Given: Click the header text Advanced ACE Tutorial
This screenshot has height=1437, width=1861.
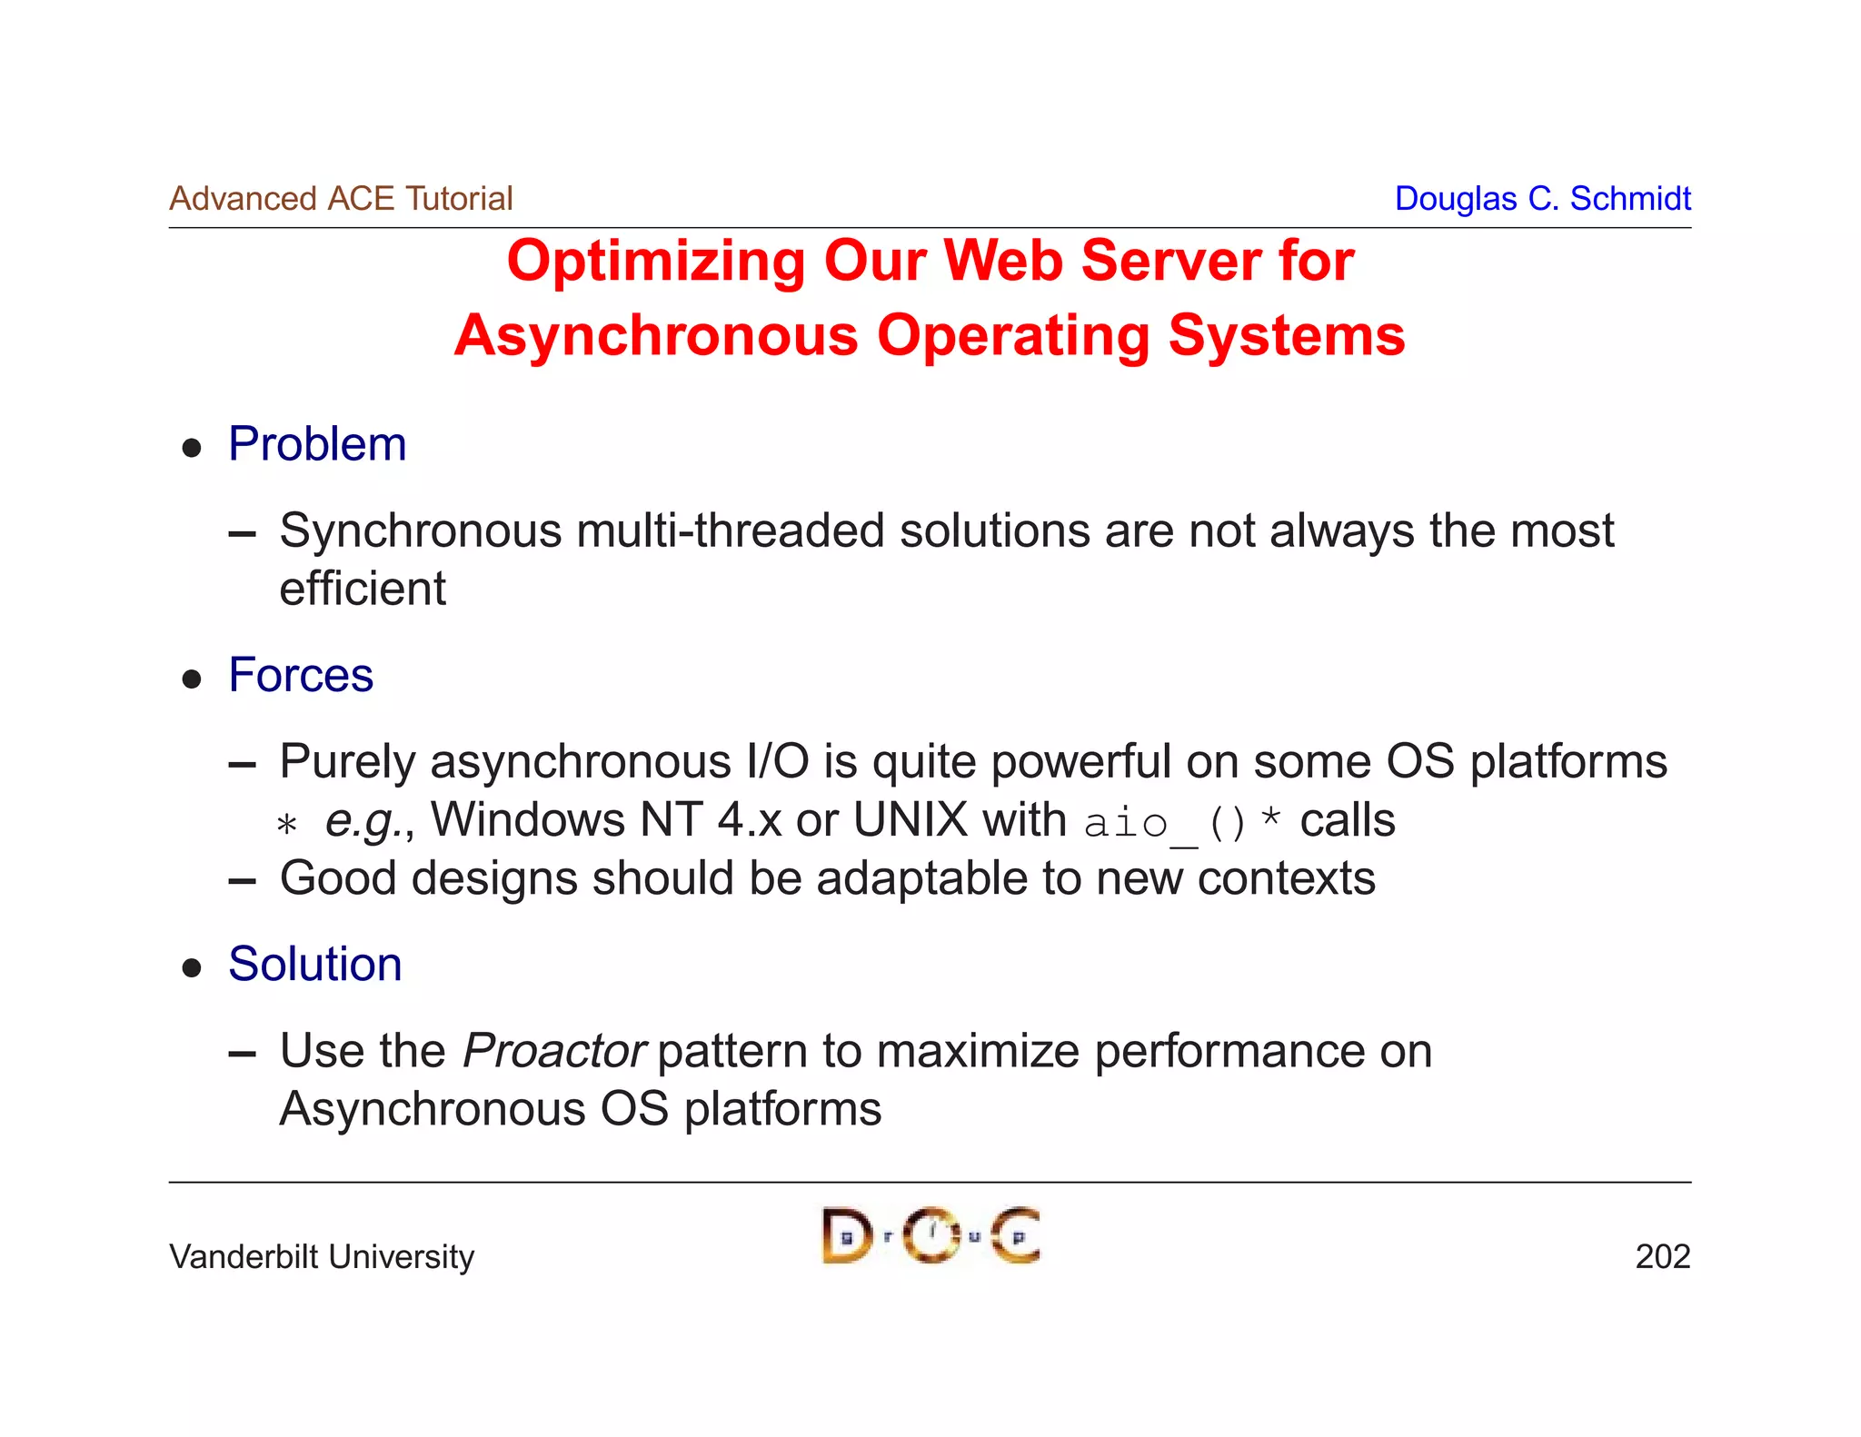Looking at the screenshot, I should pyautogui.click(x=341, y=198).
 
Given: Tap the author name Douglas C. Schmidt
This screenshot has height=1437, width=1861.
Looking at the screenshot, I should pyautogui.click(x=1542, y=198).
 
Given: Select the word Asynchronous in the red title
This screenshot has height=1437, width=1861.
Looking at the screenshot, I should pyautogui.click(x=655, y=335).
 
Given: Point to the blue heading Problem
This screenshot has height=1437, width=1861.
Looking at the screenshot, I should pyautogui.click(x=317, y=444).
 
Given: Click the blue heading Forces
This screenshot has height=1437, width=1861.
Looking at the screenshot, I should pyautogui.click(x=301, y=675).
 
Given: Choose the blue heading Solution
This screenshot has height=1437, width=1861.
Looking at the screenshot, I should pyautogui.click(x=314, y=964).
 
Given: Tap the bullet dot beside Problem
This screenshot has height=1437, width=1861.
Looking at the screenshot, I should pyautogui.click(x=192, y=448).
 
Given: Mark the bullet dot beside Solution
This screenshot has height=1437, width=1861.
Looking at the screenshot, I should pyautogui.click(x=192, y=967).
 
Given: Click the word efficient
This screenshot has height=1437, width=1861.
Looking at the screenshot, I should pyautogui.click(x=363, y=589).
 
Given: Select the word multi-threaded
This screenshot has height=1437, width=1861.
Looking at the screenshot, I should pyautogui.click(x=730, y=530).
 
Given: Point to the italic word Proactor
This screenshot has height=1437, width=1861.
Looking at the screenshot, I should pyautogui.click(x=553, y=1051).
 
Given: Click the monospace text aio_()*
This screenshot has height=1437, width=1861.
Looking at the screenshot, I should pyautogui.click(x=1182, y=823).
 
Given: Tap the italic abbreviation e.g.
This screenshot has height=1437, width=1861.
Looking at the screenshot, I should pyautogui.click(x=363, y=821).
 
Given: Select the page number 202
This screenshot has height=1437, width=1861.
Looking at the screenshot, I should pyautogui.click(x=1662, y=1256).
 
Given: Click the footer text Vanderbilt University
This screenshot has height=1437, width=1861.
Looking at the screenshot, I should pyautogui.click(x=322, y=1256).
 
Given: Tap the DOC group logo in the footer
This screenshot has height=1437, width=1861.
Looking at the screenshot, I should pyautogui.click(x=930, y=1235).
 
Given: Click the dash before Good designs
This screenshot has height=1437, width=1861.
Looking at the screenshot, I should pyautogui.click(x=242, y=881).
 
